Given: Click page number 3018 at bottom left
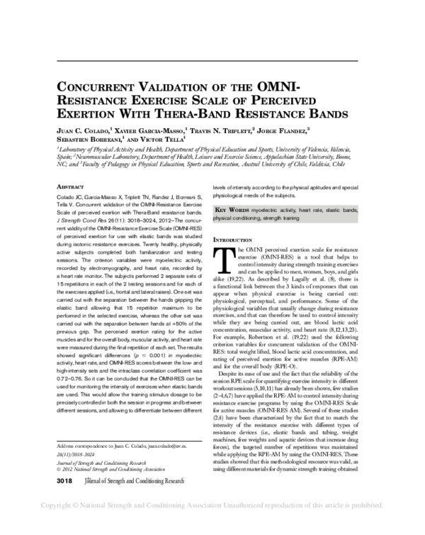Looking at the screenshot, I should click(66, 500).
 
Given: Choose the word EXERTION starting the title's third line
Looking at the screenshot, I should click(84, 113).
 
